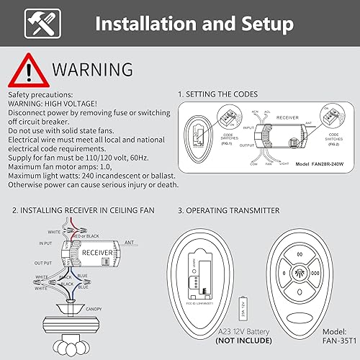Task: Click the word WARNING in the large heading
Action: [x=92, y=69]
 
